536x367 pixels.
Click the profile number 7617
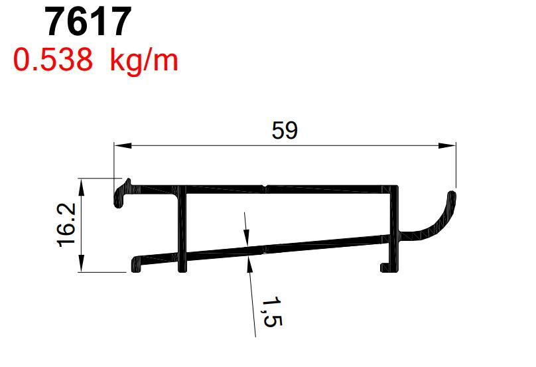point(87,23)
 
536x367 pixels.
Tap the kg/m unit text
point(144,61)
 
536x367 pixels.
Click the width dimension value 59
point(285,131)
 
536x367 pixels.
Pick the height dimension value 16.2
point(67,225)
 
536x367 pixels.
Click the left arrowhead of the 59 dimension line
point(119,145)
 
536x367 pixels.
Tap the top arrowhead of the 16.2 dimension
point(82,184)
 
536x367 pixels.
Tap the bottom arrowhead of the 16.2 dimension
point(82,266)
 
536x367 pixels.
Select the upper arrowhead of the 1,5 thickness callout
point(247,237)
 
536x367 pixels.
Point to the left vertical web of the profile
point(181,229)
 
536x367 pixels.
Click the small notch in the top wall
point(265,186)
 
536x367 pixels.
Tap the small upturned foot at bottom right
point(383,267)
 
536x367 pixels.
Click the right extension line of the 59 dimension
point(456,166)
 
